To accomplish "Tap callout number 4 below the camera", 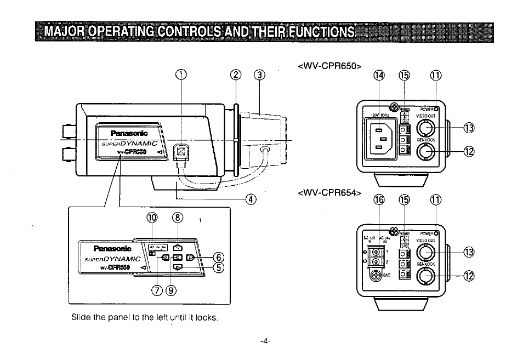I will click(x=251, y=198).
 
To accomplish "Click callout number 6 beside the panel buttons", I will click(x=218, y=256).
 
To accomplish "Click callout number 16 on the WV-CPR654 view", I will click(x=379, y=199).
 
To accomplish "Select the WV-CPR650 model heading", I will click(x=331, y=66).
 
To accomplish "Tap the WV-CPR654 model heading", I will click(x=331, y=192).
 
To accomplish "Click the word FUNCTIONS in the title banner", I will click(x=322, y=31).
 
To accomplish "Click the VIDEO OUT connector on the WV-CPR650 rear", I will click(x=426, y=129).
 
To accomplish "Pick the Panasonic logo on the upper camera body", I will click(x=129, y=133).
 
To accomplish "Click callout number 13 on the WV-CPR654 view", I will click(x=468, y=252).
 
